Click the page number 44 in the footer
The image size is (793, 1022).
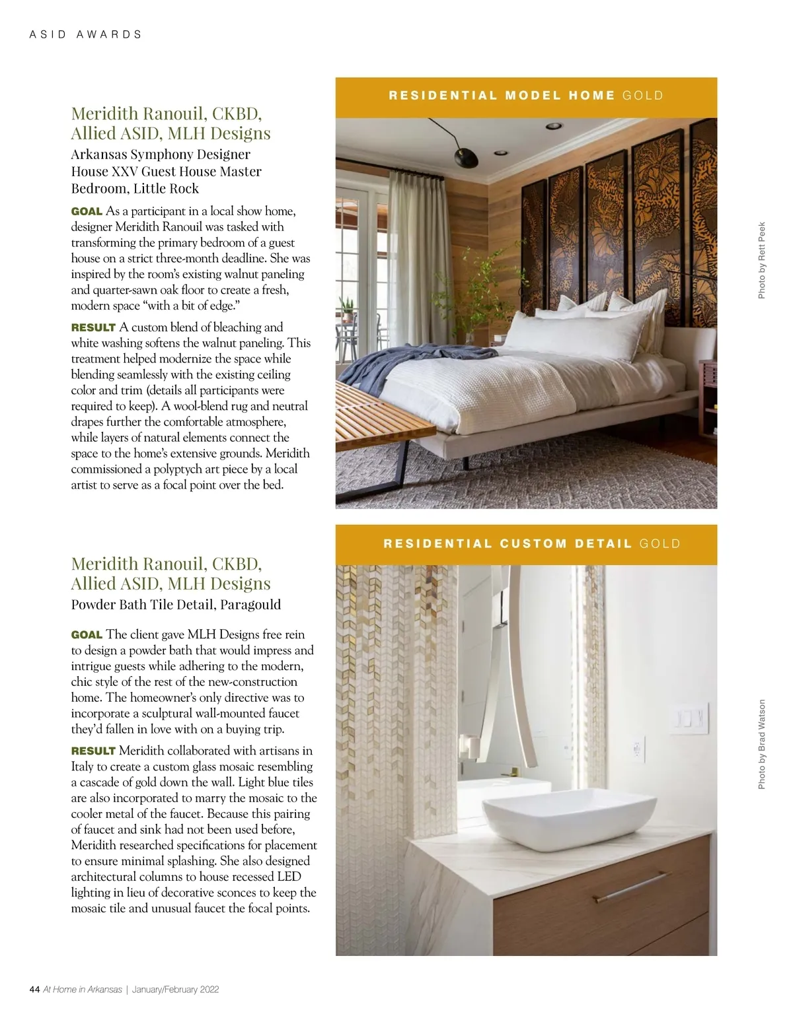35,989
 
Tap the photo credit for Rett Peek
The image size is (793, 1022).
761,259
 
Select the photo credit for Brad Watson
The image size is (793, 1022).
761,744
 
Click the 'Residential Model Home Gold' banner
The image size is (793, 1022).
526,96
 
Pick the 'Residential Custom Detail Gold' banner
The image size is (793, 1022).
526,544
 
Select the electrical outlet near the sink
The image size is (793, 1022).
638,748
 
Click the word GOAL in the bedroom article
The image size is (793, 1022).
87,211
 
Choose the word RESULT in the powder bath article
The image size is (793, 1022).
93,751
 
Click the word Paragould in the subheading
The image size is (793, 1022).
250,604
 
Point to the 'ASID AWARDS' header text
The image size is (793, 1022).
86,34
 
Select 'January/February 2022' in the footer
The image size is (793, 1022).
175,989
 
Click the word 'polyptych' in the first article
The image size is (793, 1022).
184,469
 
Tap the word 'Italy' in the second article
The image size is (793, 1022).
83,766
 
